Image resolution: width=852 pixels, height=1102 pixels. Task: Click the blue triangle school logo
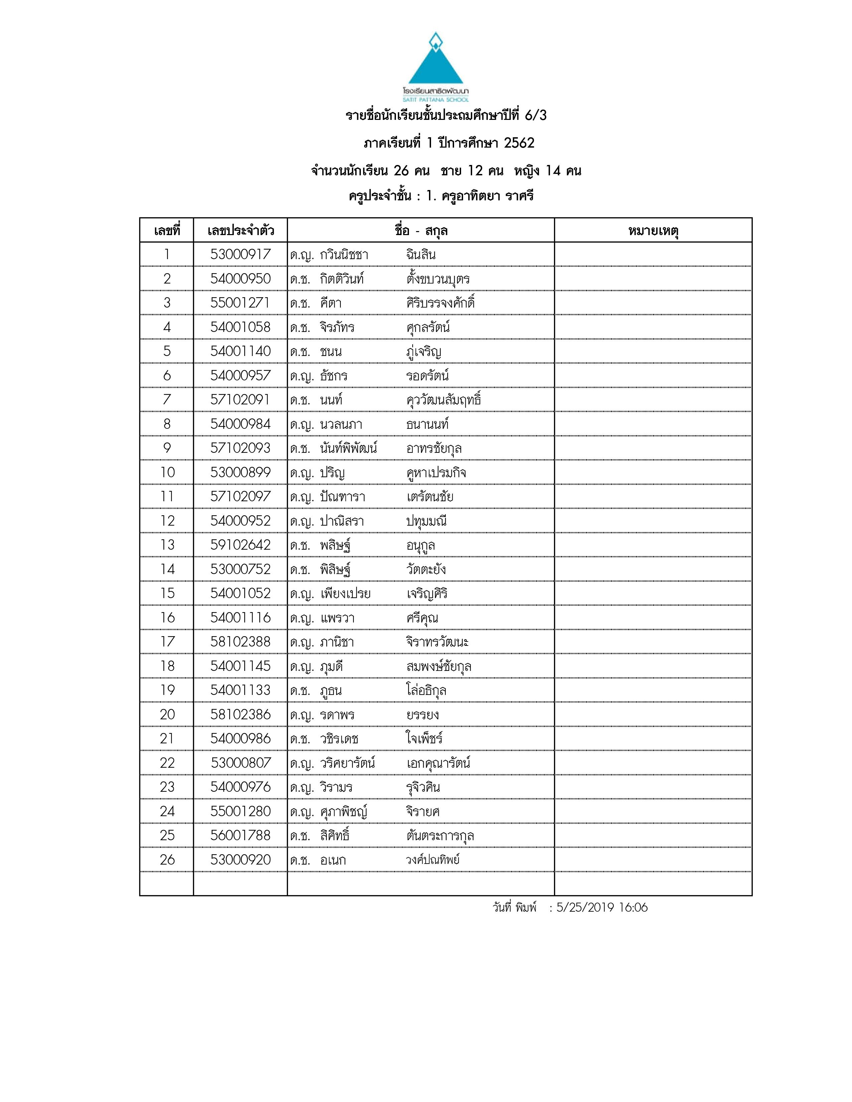coord(435,60)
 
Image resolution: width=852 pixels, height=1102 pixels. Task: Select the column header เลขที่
coord(167,231)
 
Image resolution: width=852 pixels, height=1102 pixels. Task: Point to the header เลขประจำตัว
coord(240,231)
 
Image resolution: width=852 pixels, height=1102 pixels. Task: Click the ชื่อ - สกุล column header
coord(421,231)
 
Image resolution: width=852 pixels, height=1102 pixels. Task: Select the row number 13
coord(167,545)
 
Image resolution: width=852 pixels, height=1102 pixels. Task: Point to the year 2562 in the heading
coord(519,143)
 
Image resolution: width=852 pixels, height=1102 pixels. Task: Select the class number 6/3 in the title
coord(536,116)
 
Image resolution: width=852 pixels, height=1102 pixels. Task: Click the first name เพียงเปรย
coord(345,594)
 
